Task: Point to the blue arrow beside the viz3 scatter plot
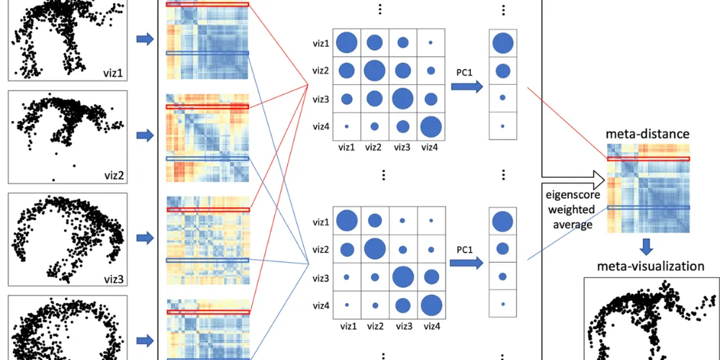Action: click(145, 238)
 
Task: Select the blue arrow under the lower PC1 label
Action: click(467, 264)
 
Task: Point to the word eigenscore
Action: click(567, 195)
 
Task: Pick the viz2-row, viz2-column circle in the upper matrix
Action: click(374, 71)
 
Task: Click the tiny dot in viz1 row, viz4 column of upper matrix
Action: click(431, 43)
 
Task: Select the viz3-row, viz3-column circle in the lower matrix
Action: click(402, 276)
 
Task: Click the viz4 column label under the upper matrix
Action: click(431, 148)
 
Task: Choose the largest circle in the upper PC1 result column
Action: click(503, 44)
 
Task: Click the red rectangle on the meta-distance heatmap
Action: click(648, 158)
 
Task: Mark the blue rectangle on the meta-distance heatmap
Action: click(648, 207)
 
